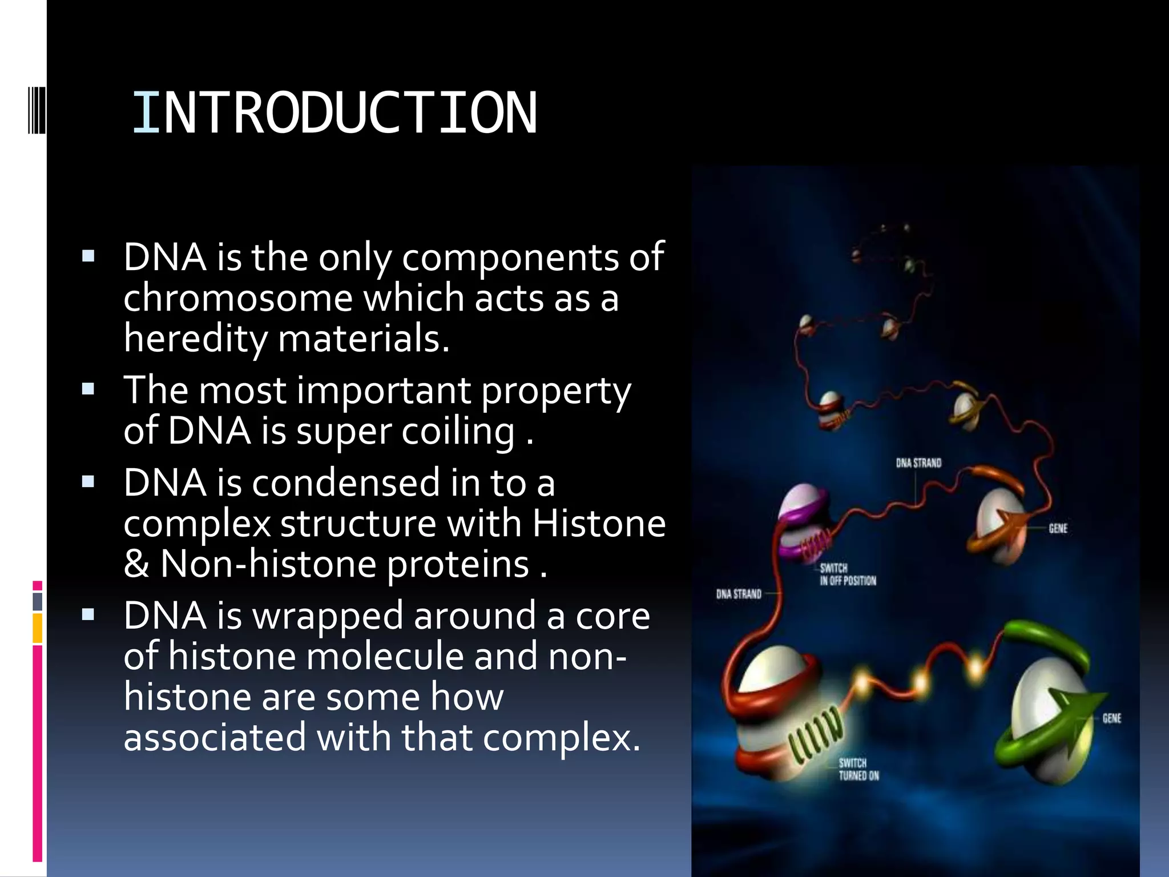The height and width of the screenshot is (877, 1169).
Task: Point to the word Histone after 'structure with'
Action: point(599,523)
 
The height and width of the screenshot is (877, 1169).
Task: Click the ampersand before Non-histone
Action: point(136,564)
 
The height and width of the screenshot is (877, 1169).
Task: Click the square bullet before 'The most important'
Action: point(88,390)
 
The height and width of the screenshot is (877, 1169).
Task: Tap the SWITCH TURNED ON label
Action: point(858,769)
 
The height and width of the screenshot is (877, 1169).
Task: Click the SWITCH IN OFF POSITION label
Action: point(848,574)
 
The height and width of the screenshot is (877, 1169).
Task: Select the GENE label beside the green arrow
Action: point(1111,718)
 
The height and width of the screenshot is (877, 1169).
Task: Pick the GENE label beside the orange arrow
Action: point(1058,528)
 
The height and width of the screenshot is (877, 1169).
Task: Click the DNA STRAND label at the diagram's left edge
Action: point(739,594)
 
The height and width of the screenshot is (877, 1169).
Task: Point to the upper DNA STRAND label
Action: point(918,462)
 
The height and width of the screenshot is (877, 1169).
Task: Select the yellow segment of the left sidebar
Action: point(38,628)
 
